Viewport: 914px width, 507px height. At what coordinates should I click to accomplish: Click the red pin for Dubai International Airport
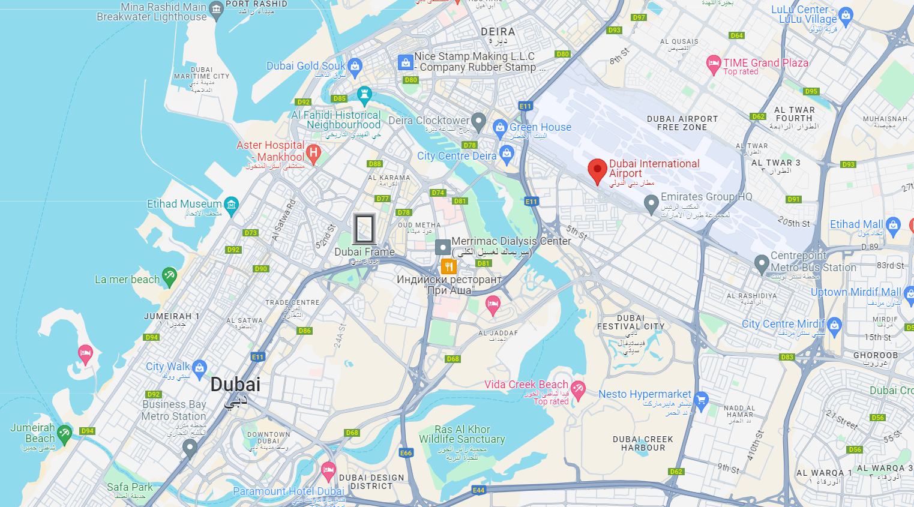[597, 170]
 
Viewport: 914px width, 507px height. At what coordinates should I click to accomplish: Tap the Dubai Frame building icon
[364, 229]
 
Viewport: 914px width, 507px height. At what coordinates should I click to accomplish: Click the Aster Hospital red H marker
[313, 153]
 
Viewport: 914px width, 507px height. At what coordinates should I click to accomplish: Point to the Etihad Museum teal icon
[231, 205]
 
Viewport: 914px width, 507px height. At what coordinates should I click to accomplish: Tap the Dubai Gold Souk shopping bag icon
[355, 66]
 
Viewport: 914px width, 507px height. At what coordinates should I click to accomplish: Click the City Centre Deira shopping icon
[507, 154]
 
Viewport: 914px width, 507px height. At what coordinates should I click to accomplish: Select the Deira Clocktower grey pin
[478, 121]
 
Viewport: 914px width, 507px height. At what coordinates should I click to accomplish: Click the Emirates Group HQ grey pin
[651, 204]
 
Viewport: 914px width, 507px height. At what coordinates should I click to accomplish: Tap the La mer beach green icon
[170, 276]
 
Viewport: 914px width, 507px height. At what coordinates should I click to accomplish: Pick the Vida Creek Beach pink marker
[578, 389]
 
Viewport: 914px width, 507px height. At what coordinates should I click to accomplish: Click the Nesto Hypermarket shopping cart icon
[701, 398]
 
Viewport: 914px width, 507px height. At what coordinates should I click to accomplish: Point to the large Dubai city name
[235, 385]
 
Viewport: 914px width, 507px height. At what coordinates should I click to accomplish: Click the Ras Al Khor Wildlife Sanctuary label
[462, 434]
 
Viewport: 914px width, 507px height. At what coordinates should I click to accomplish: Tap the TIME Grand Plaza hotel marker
[714, 64]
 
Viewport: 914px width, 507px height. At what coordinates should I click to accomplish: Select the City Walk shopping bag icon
[200, 367]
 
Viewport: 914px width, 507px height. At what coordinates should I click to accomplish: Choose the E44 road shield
[478, 490]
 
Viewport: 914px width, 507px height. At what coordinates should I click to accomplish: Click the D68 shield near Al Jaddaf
[452, 359]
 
